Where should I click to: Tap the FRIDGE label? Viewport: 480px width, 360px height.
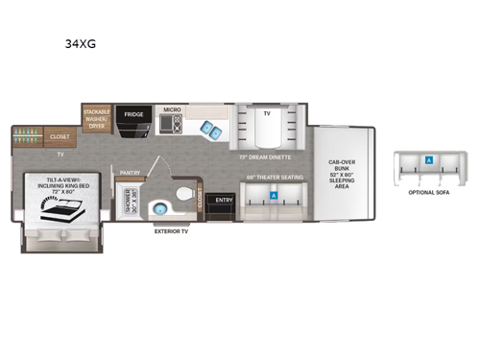pyautogui.click(x=134, y=113)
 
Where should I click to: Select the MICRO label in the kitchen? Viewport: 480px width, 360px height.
pyautogui.click(x=173, y=109)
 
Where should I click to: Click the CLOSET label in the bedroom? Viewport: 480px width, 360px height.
pyautogui.click(x=60, y=137)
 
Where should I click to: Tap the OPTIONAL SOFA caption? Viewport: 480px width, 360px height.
pyautogui.click(x=428, y=193)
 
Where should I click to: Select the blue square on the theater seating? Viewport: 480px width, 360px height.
pyautogui.click(x=275, y=195)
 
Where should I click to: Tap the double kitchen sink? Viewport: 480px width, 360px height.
pyautogui.click(x=209, y=131)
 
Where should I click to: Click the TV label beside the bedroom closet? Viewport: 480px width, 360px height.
pyautogui.click(x=60, y=154)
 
